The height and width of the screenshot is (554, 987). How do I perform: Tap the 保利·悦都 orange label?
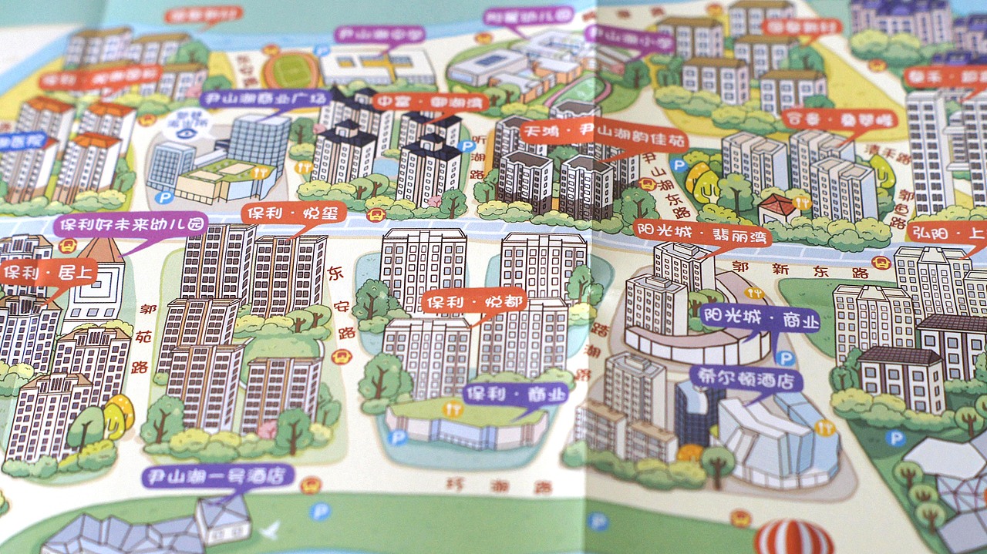pos(474,301)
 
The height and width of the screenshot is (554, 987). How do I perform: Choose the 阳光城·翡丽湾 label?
pos(702,234)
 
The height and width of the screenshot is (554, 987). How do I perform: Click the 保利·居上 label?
pos(48,272)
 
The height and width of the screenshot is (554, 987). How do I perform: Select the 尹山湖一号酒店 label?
pos(218,475)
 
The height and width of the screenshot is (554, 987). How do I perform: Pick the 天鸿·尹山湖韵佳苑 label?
pos(604,136)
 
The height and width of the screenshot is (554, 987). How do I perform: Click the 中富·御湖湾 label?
pos(422,102)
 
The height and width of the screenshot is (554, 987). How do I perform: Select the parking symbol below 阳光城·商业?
pos(785,359)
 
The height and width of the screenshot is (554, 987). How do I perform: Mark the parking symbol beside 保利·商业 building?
pos(398,438)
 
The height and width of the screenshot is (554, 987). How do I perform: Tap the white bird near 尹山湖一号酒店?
pos(270,529)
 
